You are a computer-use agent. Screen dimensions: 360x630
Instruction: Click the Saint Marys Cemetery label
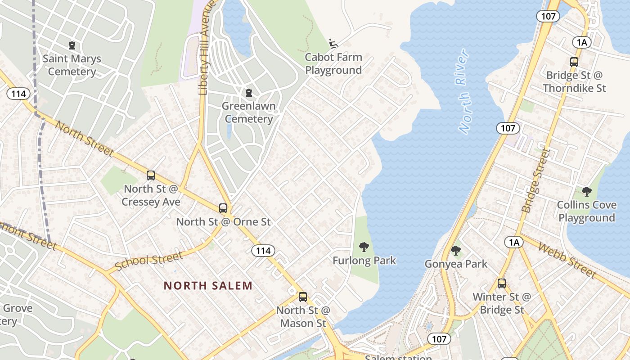coord(72,65)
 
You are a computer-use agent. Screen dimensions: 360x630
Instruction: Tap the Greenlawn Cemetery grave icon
coord(249,93)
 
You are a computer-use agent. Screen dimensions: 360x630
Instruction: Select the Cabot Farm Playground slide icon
coord(333,44)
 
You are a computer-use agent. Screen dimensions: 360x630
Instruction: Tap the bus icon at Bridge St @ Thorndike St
coord(574,62)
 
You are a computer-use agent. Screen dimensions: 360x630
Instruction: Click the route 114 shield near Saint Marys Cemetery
coord(18,94)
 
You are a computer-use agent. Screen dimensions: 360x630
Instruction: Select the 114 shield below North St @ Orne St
coord(263,251)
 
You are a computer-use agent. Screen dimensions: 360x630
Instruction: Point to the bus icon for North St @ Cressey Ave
coord(151,175)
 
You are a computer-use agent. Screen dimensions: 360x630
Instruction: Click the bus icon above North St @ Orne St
coord(223,208)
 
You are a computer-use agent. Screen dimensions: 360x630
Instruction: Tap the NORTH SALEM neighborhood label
coord(208,286)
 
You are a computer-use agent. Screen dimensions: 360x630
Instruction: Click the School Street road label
coord(149,261)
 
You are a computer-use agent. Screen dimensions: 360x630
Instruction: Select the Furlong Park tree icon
coord(364,247)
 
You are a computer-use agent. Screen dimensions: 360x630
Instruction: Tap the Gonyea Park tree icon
coord(456,251)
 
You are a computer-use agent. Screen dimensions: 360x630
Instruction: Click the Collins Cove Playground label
coord(586,211)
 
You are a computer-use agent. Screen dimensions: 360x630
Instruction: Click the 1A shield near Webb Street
coord(514,243)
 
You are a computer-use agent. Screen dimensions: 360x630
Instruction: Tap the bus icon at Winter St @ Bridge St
coord(502,283)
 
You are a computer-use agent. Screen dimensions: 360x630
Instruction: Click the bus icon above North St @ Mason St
coord(303,297)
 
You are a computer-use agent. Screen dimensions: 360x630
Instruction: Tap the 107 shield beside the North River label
coord(508,128)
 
